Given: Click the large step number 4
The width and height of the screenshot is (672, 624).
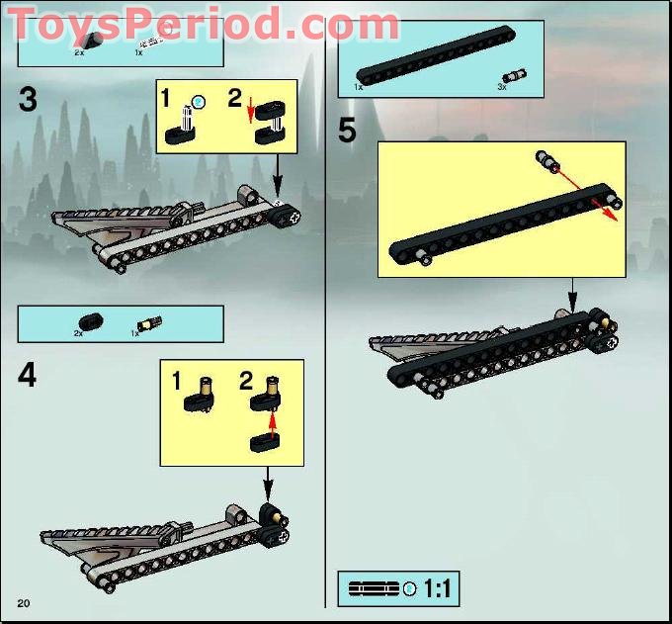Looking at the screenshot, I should point(28,376).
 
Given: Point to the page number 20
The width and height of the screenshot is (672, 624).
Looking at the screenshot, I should point(24,602).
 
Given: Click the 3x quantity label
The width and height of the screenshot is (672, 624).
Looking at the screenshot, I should point(502,88).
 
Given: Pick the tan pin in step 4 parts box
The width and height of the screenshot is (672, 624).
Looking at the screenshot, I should point(150,322).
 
